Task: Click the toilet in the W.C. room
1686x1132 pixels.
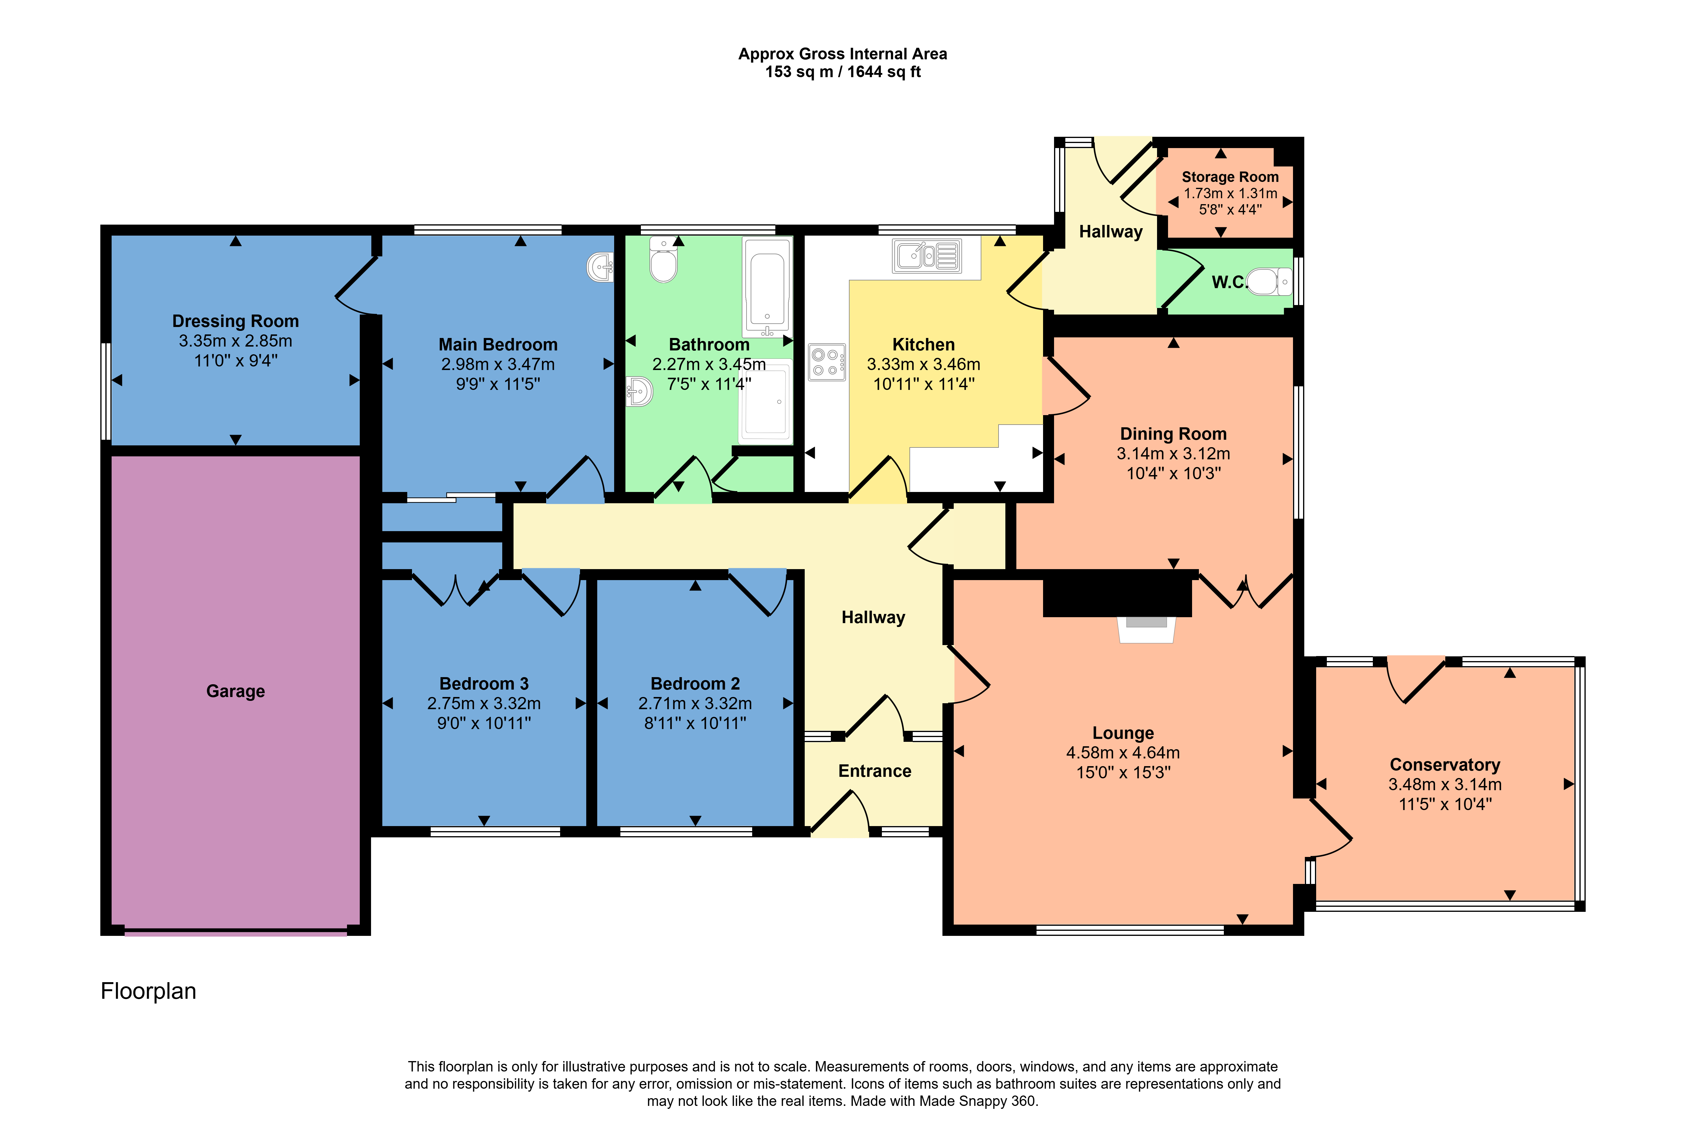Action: pos(1269,282)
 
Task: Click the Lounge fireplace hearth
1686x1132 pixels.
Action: pos(1146,629)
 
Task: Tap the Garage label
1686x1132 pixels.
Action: pos(235,692)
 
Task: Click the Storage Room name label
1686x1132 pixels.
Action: pos(1230,177)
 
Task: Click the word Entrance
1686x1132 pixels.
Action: pos(874,771)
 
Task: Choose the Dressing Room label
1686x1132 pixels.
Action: pos(235,321)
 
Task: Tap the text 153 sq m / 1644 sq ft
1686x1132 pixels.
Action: pos(843,72)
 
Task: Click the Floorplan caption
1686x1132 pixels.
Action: pos(148,991)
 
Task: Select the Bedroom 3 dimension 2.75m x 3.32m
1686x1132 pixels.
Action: pos(484,703)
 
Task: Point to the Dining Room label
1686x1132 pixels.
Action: pos(1173,434)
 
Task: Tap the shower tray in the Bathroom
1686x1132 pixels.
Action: pos(766,401)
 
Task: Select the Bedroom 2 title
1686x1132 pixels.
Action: pos(695,684)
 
